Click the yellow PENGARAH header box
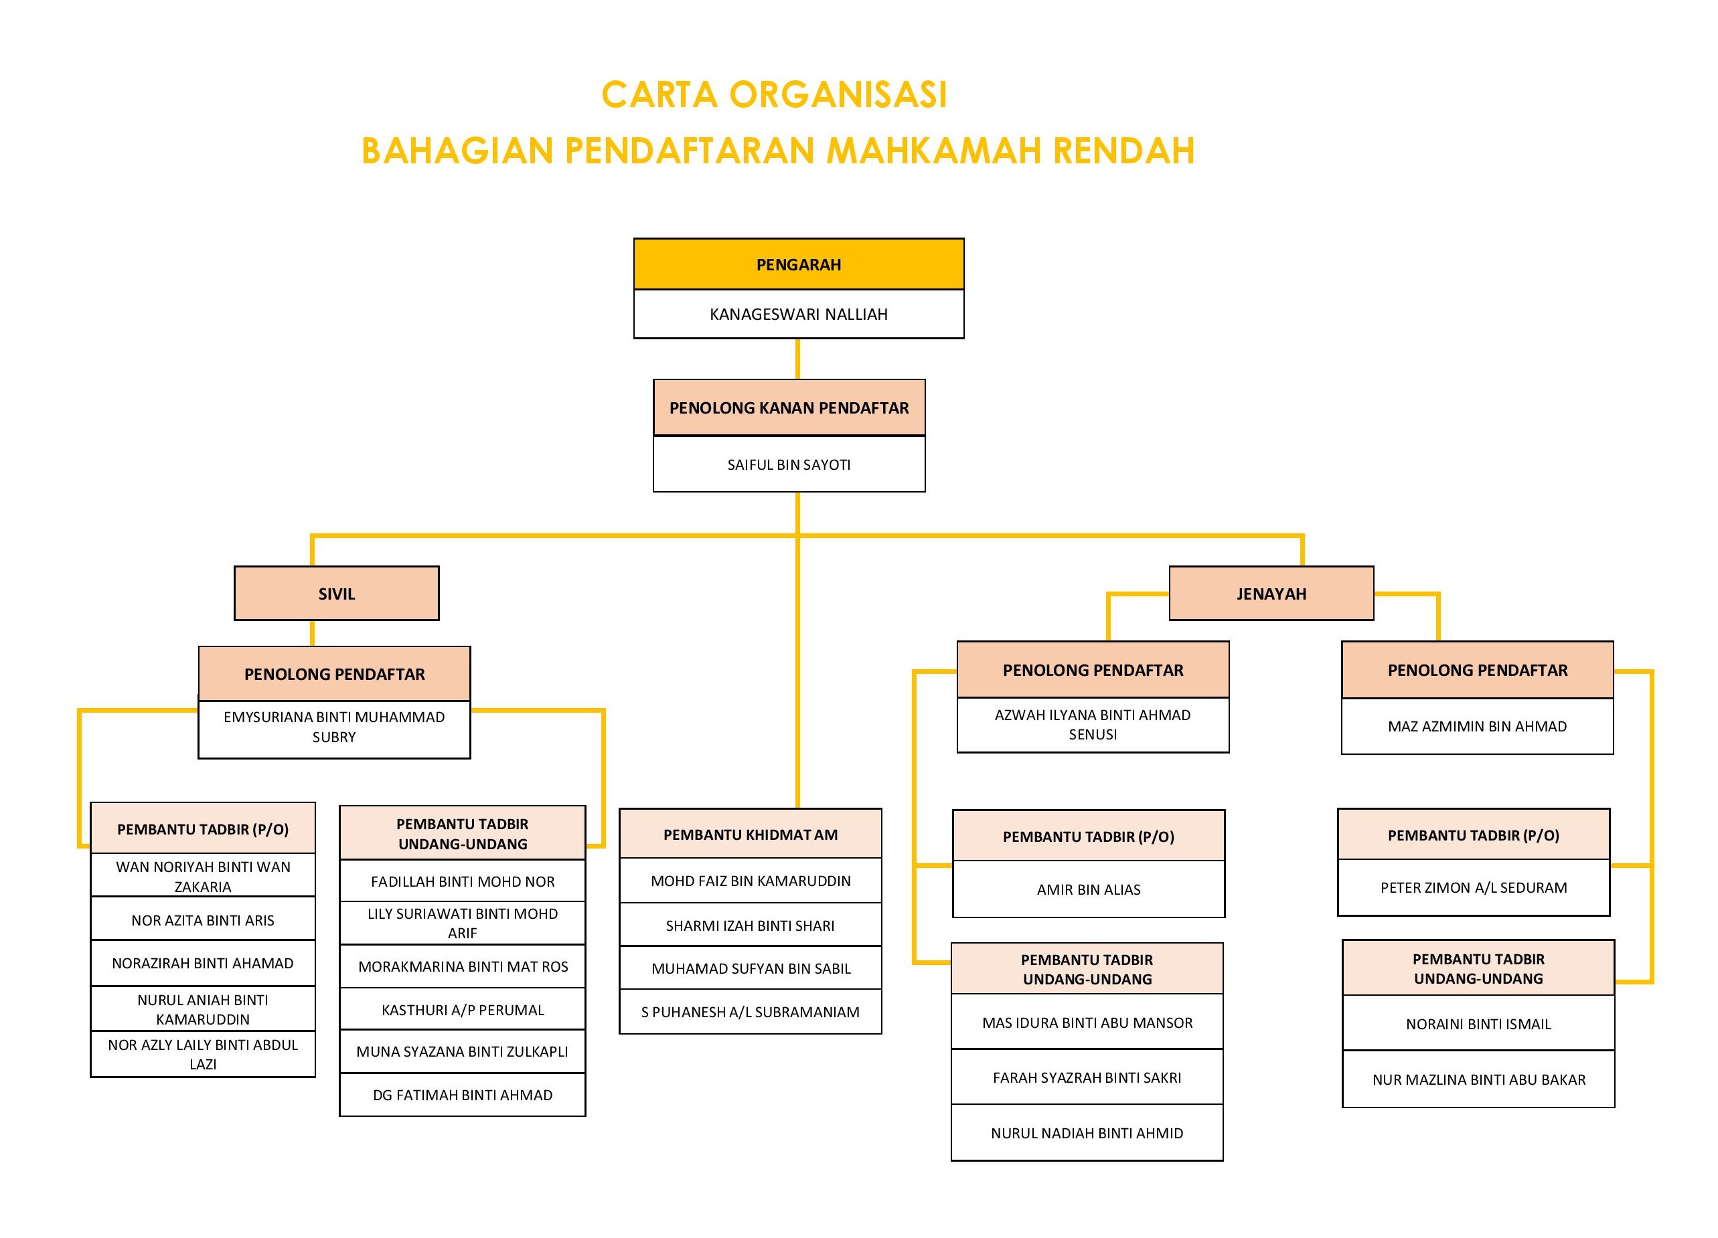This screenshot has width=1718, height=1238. [x=798, y=264]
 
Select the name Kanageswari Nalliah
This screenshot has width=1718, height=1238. [x=798, y=315]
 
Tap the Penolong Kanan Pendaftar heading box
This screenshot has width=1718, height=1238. [x=789, y=408]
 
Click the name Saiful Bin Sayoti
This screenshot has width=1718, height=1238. [x=789, y=465]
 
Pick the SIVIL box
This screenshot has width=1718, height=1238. [x=336, y=594]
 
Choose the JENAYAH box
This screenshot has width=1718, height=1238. [x=1271, y=594]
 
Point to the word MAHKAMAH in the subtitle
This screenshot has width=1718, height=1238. [x=934, y=151]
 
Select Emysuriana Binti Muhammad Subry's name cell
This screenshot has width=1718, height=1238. [x=334, y=727]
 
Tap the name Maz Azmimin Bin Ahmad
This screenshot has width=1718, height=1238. [x=1477, y=727]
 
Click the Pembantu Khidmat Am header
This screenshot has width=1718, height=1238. [x=750, y=834]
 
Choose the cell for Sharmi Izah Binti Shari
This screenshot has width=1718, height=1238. [x=750, y=925]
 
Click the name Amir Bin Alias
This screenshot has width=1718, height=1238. [x=1089, y=890]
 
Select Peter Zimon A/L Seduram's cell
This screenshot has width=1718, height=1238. [x=1474, y=887]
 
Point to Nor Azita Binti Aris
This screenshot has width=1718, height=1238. [x=202, y=920]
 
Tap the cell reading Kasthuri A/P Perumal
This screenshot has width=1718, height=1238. [x=462, y=1010]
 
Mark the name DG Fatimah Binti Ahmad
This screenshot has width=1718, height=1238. [x=462, y=1095]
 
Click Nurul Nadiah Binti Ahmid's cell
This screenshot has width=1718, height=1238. [x=1087, y=1134]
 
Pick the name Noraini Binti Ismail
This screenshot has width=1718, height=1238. [x=1478, y=1025]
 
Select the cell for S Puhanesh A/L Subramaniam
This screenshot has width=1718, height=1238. [x=750, y=1012]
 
